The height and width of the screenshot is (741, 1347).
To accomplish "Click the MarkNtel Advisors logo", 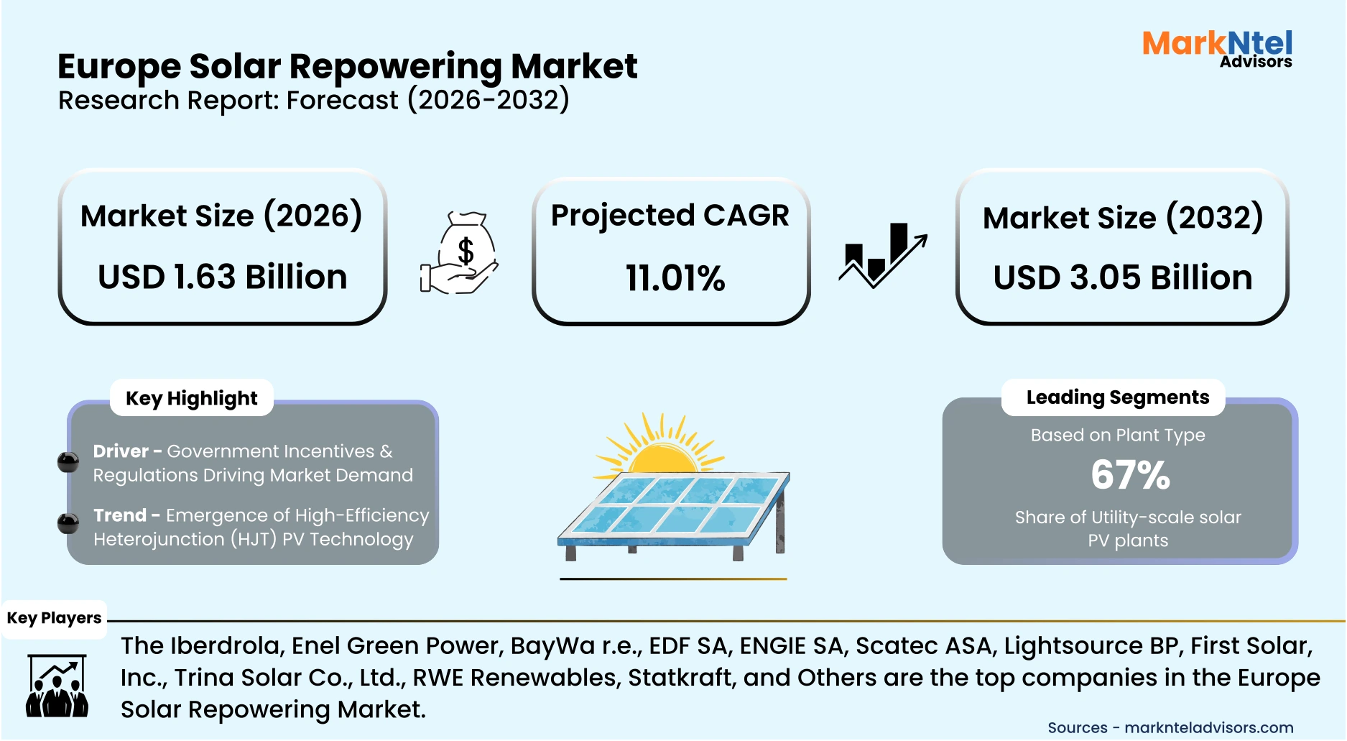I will click(x=1217, y=49).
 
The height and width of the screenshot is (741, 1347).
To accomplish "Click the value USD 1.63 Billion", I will click(x=223, y=277).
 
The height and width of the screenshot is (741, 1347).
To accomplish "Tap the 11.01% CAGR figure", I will click(x=675, y=279).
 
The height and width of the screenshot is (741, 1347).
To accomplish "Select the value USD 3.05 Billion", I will click(x=1122, y=278).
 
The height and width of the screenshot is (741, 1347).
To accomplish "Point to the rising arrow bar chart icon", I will click(x=883, y=255).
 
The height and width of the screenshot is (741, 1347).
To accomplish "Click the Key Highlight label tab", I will click(x=192, y=398).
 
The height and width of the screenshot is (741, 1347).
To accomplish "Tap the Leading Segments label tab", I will click(x=1117, y=397).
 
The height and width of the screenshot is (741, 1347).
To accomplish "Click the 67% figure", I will click(x=1130, y=475).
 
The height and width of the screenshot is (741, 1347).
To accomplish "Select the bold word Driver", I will click(x=121, y=451).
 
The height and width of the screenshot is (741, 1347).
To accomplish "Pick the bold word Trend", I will click(x=120, y=515).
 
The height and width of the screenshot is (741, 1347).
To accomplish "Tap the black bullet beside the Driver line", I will click(x=68, y=462).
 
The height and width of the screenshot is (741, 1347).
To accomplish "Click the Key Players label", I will click(x=54, y=618).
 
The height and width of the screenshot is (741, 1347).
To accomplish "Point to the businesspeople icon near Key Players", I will click(x=57, y=686).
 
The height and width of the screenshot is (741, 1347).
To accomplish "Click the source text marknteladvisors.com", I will click(x=1208, y=727).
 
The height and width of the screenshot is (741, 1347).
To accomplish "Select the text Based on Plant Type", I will click(x=1117, y=436).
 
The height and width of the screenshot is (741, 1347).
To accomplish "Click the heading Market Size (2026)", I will click(x=221, y=216).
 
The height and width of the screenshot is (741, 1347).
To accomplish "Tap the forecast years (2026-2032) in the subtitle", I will click(x=489, y=100).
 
